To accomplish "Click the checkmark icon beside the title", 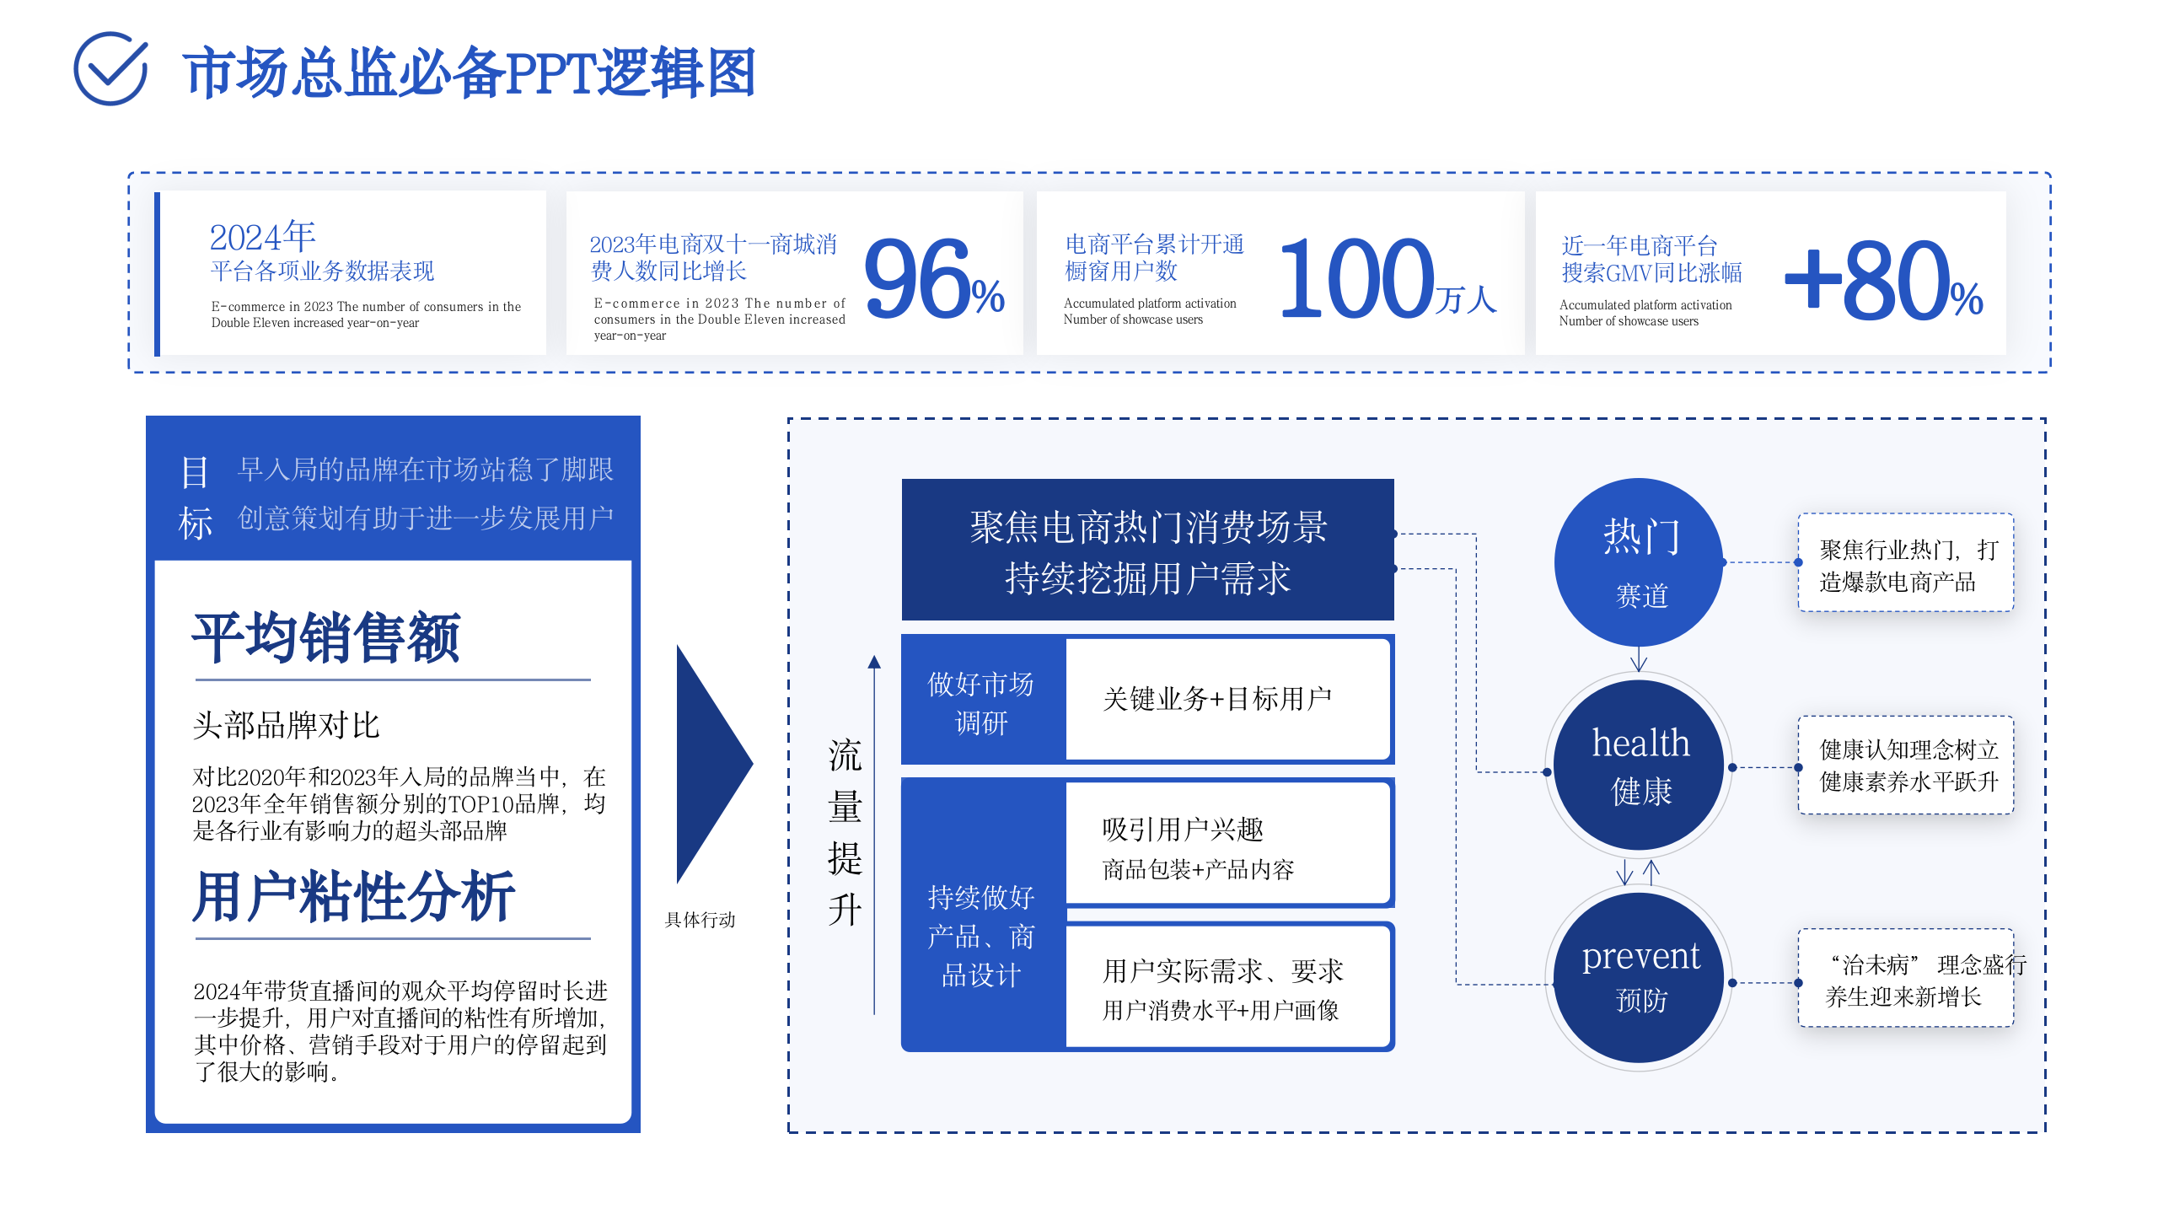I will (x=110, y=69).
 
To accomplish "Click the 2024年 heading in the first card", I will (x=262, y=237).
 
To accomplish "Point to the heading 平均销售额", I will (x=326, y=637).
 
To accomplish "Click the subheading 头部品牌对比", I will (x=286, y=725).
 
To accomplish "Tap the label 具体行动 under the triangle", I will (x=700, y=920).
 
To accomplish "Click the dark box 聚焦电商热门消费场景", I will (x=1147, y=551).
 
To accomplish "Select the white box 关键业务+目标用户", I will (x=1227, y=699).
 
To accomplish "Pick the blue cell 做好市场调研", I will (x=981, y=701).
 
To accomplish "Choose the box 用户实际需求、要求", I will (x=1227, y=986).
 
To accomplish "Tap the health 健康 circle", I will (x=1640, y=765).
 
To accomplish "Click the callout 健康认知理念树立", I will (x=1906, y=765).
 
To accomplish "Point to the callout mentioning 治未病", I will (x=1906, y=980).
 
